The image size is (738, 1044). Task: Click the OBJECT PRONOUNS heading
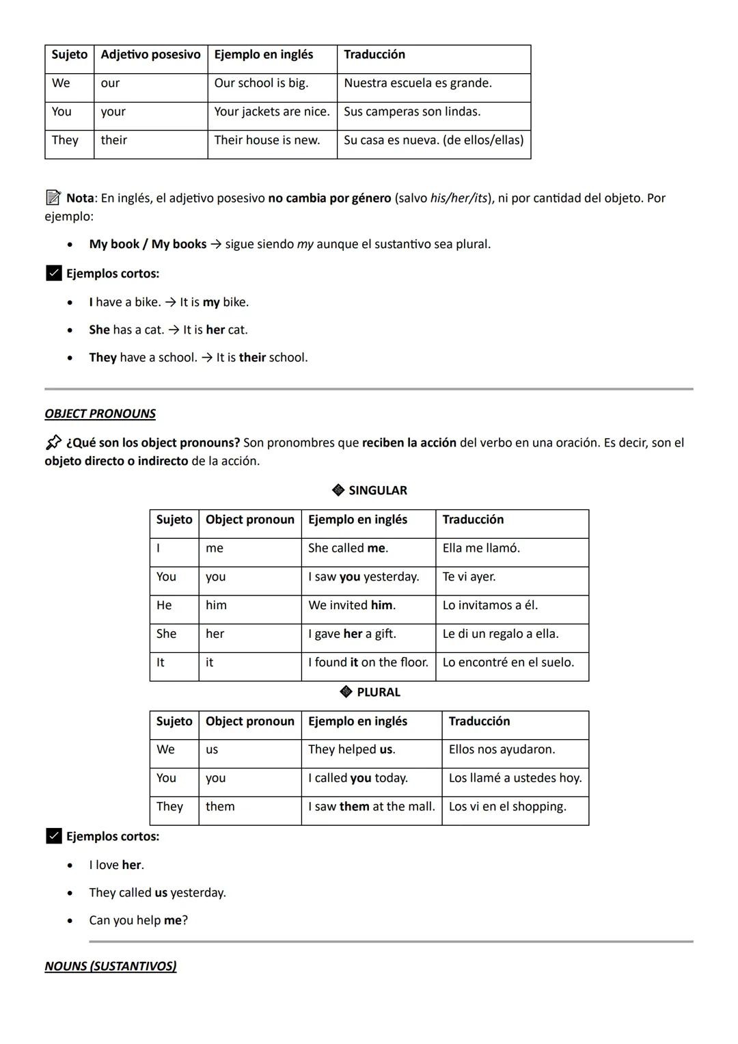click(x=100, y=414)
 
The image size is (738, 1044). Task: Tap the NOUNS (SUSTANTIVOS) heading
click(x=110, y=966)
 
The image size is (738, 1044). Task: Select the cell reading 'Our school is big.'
click(x=261, y=83)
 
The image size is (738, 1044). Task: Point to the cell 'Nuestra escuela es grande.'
click(x=418, y=83)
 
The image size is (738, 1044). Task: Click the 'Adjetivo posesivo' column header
click(x=150, y=55)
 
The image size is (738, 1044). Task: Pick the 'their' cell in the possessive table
click(x=114, y=140)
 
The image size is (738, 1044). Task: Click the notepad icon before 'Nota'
click(x=53, y=198)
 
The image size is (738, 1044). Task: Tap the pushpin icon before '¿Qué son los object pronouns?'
click(x=53, y=442)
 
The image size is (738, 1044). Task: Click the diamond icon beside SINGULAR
click(x=338, y=490)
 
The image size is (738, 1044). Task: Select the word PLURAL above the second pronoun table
click(x=379, y=692)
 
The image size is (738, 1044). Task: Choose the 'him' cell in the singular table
click(x=216, y=605)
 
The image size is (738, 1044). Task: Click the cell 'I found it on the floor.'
click(x=368, y=662)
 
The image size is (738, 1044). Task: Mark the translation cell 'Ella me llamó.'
click(x=481, y=548)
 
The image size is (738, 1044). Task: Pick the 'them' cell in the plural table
click(x=220, y=807)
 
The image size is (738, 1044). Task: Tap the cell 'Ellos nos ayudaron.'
click(x=502, y=749)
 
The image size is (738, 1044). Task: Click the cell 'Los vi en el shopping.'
click(x=507, y=807)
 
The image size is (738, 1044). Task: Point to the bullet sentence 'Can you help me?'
click(x=138, y=920)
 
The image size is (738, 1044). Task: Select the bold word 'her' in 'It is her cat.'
click(x=215, y=330)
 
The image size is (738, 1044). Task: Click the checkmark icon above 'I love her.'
click(x=53, y=836)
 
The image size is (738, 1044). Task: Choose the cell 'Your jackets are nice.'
click(x=271, y=111)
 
